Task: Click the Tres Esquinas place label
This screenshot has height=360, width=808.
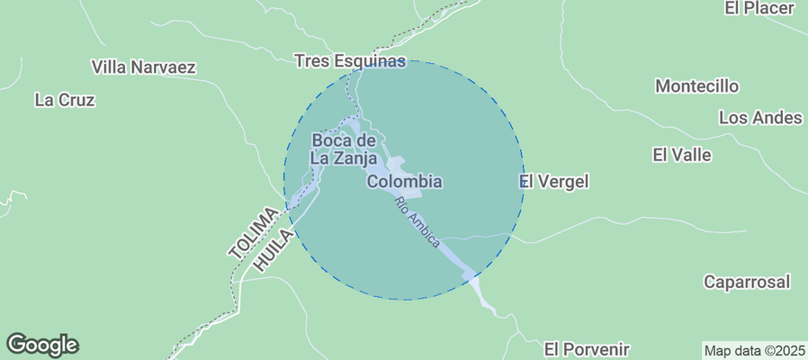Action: click(351, 61)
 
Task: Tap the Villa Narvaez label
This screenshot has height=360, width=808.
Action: click(144, 67)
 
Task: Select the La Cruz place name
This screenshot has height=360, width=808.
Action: click(65, 100)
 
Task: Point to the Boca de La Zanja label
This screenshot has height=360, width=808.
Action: click(343, 148)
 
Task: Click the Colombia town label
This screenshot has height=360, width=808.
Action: click(405, 182)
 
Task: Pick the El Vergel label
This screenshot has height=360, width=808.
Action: click(555, 182)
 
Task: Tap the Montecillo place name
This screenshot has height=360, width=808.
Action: click(697, 86)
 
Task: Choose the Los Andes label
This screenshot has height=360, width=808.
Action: click(760, 118)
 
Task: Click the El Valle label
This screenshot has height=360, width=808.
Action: click(682, 155)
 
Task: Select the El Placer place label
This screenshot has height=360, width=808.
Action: click(759, 8)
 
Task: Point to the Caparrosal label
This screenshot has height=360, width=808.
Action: click(747, 282)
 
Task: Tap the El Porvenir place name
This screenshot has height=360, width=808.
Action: click(587, 348)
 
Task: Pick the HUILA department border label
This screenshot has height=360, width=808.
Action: click(274, 249)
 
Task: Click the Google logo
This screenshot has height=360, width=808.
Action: click(42, 345)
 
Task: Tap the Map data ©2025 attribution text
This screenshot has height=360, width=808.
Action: click(754, 350)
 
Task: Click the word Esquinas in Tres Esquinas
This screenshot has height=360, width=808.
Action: click(370, 61)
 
